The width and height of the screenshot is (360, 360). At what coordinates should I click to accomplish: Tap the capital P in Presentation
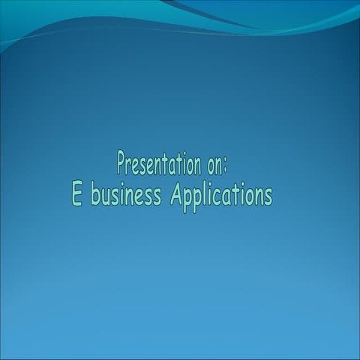[x=121, y=161]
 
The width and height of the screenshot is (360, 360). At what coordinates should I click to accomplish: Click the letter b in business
[x=95, y=195]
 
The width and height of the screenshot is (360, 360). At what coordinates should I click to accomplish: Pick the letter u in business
[x=106, y=197]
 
